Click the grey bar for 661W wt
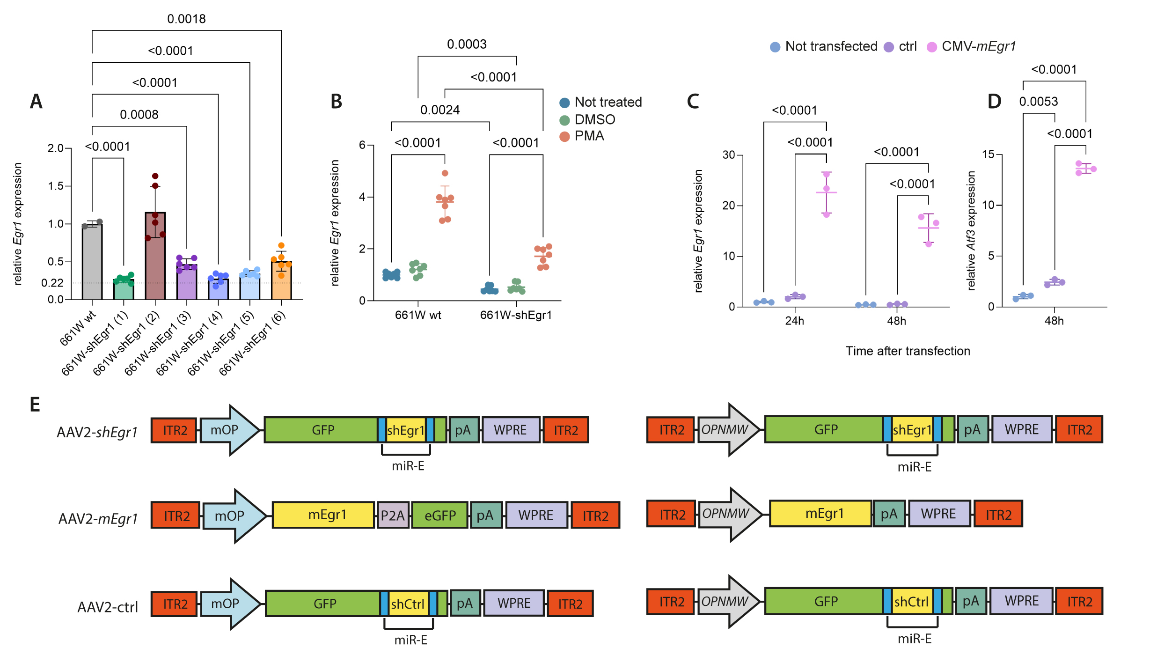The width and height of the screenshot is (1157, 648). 92,262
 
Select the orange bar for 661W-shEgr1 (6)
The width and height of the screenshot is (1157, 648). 281,280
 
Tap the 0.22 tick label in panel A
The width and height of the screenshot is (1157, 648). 52,283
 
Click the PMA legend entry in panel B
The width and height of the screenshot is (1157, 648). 589,136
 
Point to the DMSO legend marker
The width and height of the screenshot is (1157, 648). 565,120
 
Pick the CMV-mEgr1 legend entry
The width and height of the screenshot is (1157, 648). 978,47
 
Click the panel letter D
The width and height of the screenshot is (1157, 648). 994,102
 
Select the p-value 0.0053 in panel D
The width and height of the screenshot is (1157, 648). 1038,102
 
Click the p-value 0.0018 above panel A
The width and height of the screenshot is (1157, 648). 186,19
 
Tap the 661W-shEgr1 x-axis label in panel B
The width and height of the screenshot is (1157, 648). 516,315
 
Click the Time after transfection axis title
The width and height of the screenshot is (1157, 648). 908,351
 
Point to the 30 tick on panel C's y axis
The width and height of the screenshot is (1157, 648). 729,155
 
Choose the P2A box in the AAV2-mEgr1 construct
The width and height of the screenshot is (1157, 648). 393,515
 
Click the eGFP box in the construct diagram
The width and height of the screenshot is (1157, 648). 440,515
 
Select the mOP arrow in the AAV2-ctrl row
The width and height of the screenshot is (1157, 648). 229,604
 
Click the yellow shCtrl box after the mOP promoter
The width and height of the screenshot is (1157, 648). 408,604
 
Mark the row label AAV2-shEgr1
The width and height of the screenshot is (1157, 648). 97,432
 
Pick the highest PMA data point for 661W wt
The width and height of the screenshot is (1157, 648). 445,173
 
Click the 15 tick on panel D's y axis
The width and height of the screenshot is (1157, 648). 988,155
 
